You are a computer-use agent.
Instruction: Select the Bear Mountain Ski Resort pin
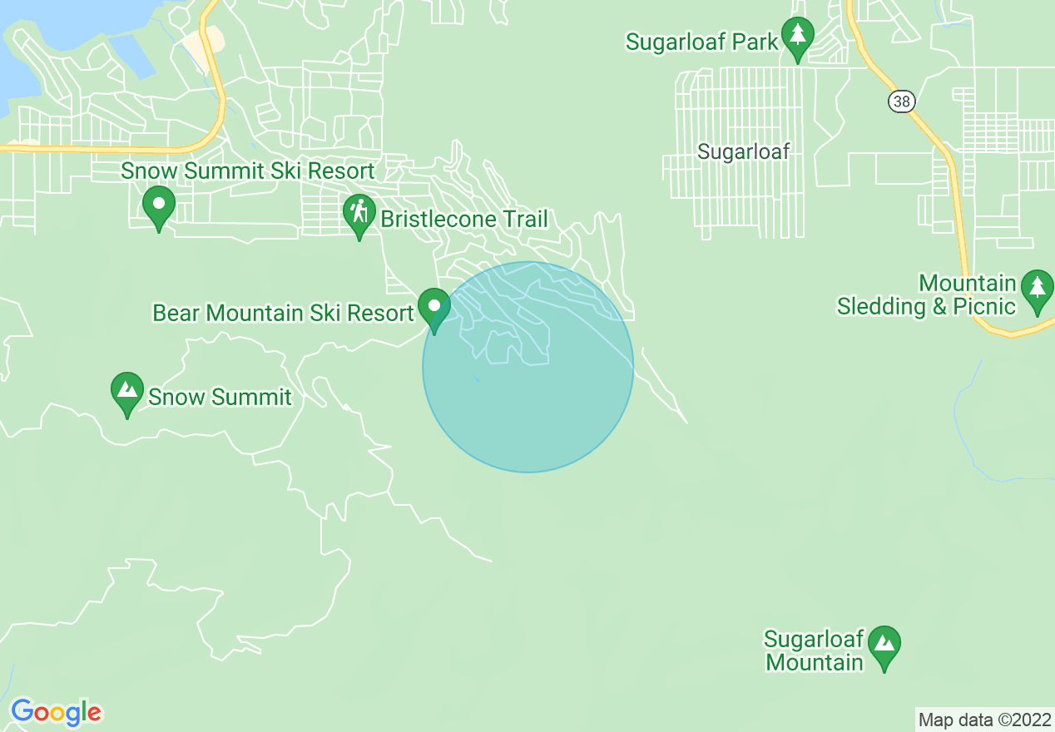(433, 307)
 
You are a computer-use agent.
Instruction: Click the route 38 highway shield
(901, 101)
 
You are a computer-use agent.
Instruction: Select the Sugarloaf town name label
(743, 151)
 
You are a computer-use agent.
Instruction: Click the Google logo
(56, 712)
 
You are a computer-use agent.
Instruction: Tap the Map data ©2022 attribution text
(984, 720)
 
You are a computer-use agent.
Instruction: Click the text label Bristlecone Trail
(464, 220)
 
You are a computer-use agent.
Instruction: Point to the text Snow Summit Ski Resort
(247, 171)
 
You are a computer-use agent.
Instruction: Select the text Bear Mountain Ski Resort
(283, 314)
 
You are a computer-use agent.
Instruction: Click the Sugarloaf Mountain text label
(814, 651)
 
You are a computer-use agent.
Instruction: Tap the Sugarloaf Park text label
(702, 42)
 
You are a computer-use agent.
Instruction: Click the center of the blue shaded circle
(528, 367)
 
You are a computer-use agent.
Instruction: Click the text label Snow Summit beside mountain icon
(220, 397)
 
